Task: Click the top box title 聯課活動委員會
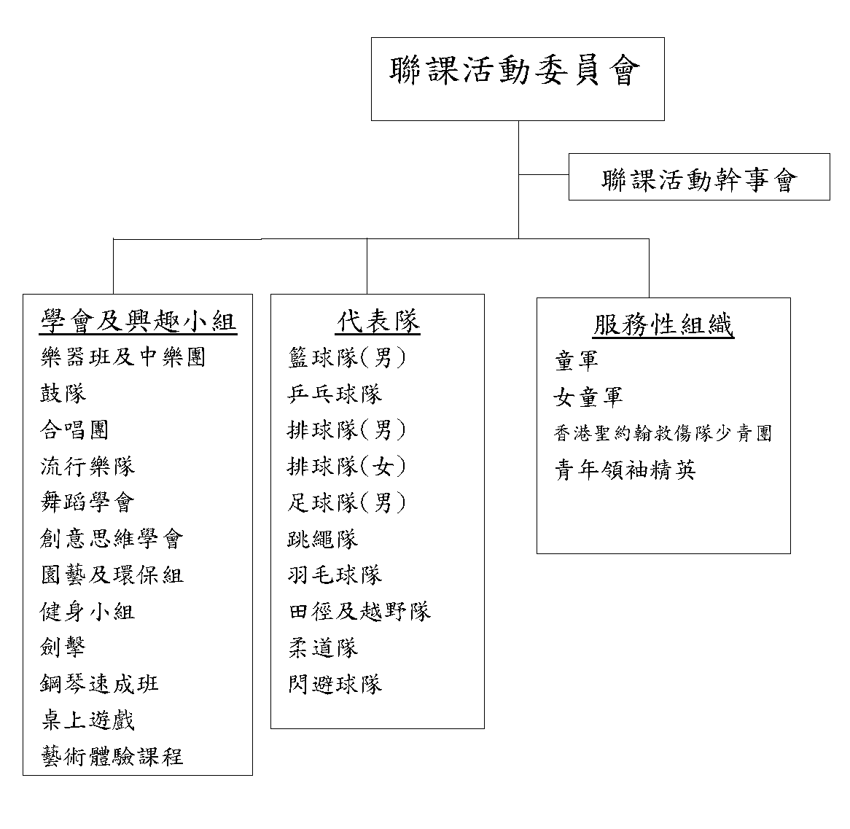[515, 71]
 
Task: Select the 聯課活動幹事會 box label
[699, 179]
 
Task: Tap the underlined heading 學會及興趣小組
[139, 321]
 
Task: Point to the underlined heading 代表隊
[378, 321]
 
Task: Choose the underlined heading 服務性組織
[663, 324]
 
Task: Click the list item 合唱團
[74, 430]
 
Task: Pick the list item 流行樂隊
[87, 467]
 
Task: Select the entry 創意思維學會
[112, 538]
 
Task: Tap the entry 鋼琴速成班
[99, 684]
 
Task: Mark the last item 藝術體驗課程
[112, 756]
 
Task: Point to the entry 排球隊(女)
[347, 467]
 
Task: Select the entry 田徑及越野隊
[359, 611]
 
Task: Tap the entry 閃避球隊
[335, 684]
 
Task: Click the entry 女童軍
[588, 397]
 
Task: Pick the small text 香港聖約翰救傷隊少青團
[663, 433]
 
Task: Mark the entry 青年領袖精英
[625, 470]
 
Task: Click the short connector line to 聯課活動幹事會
[544, 174]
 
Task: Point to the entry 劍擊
[63, 647]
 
